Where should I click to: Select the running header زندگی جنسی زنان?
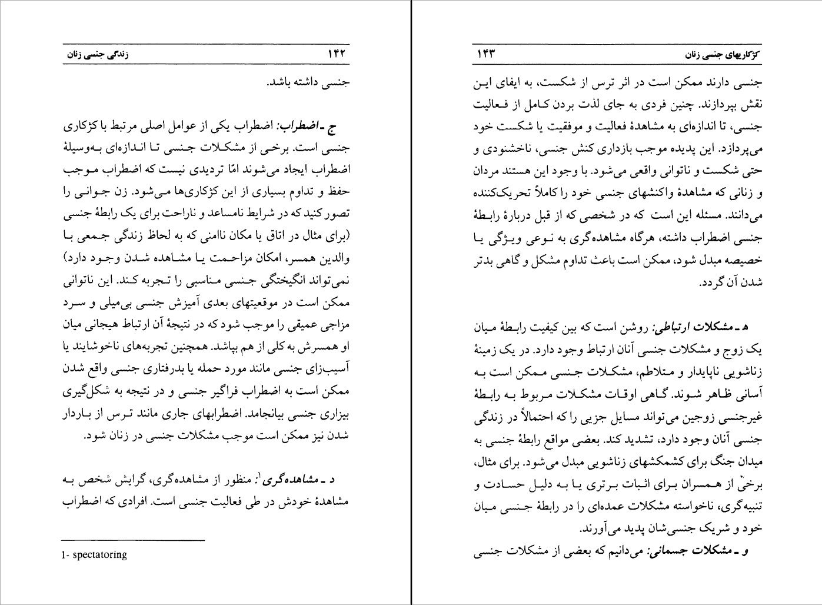pos(94,54)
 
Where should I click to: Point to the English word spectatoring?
pos(100,554)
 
